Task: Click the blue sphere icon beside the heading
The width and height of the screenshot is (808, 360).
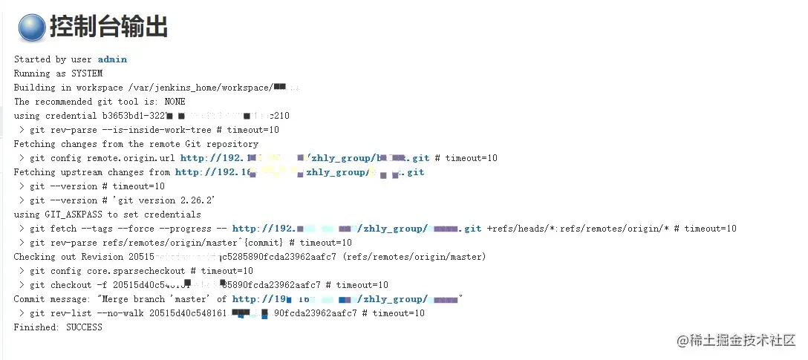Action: tap(32, 27)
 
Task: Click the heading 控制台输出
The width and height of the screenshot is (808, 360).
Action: tap(108, 27)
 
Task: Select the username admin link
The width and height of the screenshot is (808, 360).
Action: tap(112, 59)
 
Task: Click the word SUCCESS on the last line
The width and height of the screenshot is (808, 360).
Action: tap(84, 327)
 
